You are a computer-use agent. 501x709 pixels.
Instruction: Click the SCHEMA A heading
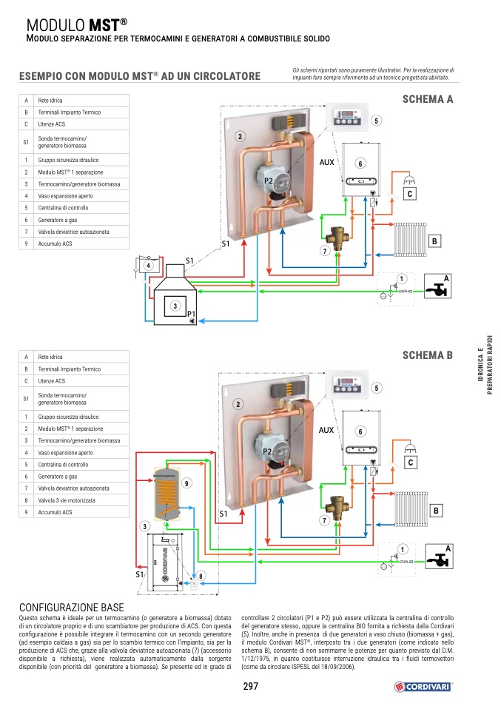coord(427,99)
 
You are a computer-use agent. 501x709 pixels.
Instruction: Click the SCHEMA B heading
coord(427,355)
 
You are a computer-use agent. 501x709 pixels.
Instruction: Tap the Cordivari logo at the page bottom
coord(423,687)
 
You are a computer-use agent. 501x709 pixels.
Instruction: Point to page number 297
coord(250,686)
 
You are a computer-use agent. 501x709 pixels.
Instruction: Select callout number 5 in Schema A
coord(376,121)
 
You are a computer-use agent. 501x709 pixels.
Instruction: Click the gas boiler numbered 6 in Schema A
coord(361,169)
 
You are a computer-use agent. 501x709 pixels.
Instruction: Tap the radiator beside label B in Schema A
coord(411,239)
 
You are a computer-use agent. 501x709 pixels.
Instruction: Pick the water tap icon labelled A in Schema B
coord(439,557)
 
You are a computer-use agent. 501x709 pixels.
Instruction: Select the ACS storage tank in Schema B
coord(167,494)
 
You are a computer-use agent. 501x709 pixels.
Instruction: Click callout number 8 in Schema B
coord(201,576)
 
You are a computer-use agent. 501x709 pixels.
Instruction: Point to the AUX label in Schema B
coord(326,430)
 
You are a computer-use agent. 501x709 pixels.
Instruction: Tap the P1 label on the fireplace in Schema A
coord(191,313)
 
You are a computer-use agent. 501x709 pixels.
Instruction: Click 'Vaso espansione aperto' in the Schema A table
coord(66,196)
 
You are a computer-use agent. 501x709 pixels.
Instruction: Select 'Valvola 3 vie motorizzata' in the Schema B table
coord(67,500)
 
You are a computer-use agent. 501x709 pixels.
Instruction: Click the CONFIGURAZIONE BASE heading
coord(72,608)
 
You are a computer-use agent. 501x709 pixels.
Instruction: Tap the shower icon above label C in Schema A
coord(410,180)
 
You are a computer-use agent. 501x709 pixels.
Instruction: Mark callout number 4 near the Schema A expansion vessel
coord(148,266)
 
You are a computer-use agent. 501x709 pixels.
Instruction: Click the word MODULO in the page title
coord(56,25)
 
